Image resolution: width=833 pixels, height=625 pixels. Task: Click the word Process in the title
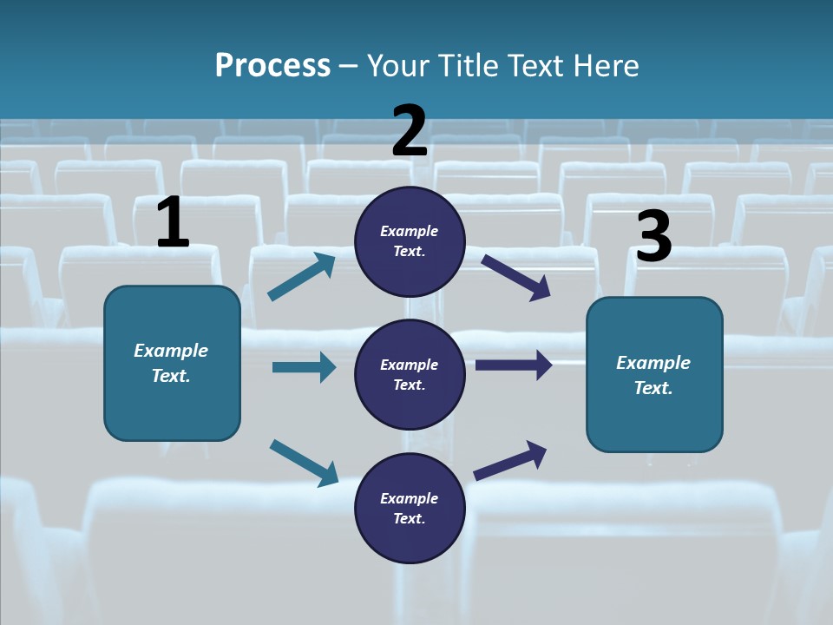click(272, 65)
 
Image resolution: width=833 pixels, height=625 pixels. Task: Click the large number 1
click(173, 223)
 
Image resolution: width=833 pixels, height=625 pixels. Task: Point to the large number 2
click(410, 131)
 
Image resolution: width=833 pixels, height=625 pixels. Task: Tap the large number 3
click(653, 237)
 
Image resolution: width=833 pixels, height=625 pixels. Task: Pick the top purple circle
click(410, 241)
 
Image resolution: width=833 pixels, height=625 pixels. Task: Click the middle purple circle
click(410, 374)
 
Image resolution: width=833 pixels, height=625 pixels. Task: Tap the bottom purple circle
click(410, 508)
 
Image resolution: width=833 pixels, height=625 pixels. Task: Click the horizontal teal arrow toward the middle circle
click(304, 367)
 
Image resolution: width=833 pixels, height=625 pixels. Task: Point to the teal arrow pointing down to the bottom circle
click(304, 462)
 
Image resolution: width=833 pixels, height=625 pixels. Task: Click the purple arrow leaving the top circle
click(516, 277)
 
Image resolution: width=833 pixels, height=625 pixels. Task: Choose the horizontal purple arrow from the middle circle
click(514, 365)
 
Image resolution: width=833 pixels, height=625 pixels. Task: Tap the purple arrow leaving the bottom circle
click(511, 460)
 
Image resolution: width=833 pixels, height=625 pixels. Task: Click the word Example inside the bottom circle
click(410, 498)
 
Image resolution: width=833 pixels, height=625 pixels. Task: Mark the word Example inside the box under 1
click(171, 351)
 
